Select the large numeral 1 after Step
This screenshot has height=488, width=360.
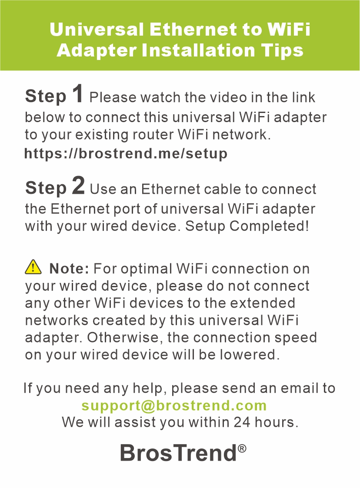(78, 93)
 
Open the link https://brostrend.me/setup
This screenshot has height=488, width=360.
(126, 153)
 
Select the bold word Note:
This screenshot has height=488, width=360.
(70, 268)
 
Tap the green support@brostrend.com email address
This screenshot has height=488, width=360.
(174, 405)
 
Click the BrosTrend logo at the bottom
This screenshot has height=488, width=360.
(183, 452)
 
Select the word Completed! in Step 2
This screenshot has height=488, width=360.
(270, 226)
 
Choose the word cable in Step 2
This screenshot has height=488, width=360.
(223, 189)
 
